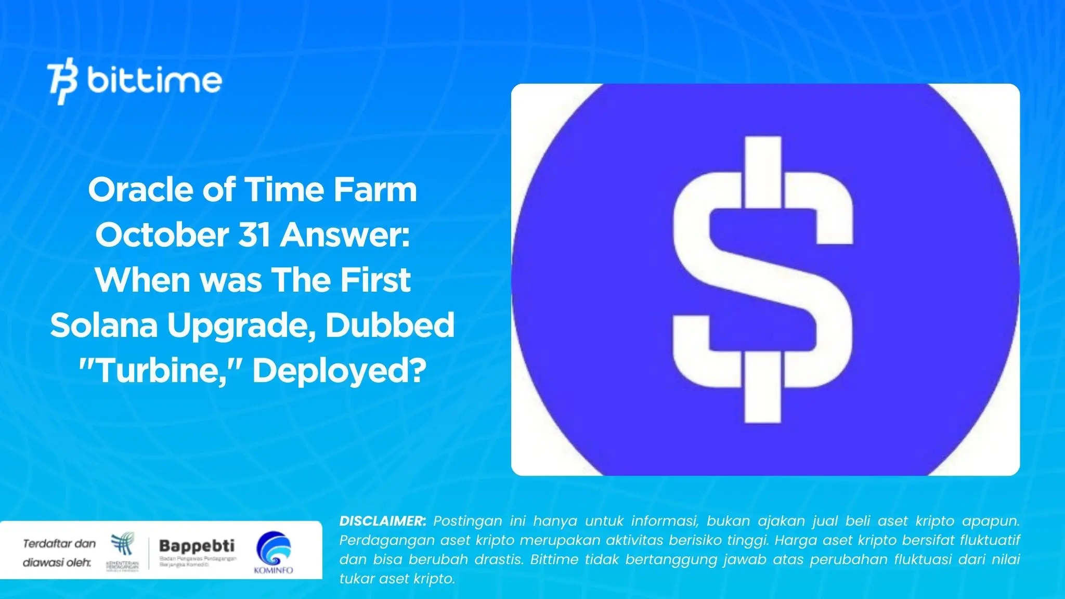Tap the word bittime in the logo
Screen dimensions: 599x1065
[154, 81]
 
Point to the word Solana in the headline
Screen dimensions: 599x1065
[103, 325]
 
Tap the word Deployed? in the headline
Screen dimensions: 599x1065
[339, 371]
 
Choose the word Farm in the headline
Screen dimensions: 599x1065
[375, 190]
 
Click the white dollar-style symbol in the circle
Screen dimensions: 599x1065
[763, 281]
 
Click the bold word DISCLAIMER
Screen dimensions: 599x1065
[382, 521]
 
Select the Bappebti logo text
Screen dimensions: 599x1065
[197, 546]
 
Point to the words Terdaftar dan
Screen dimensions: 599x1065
[59, 544]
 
